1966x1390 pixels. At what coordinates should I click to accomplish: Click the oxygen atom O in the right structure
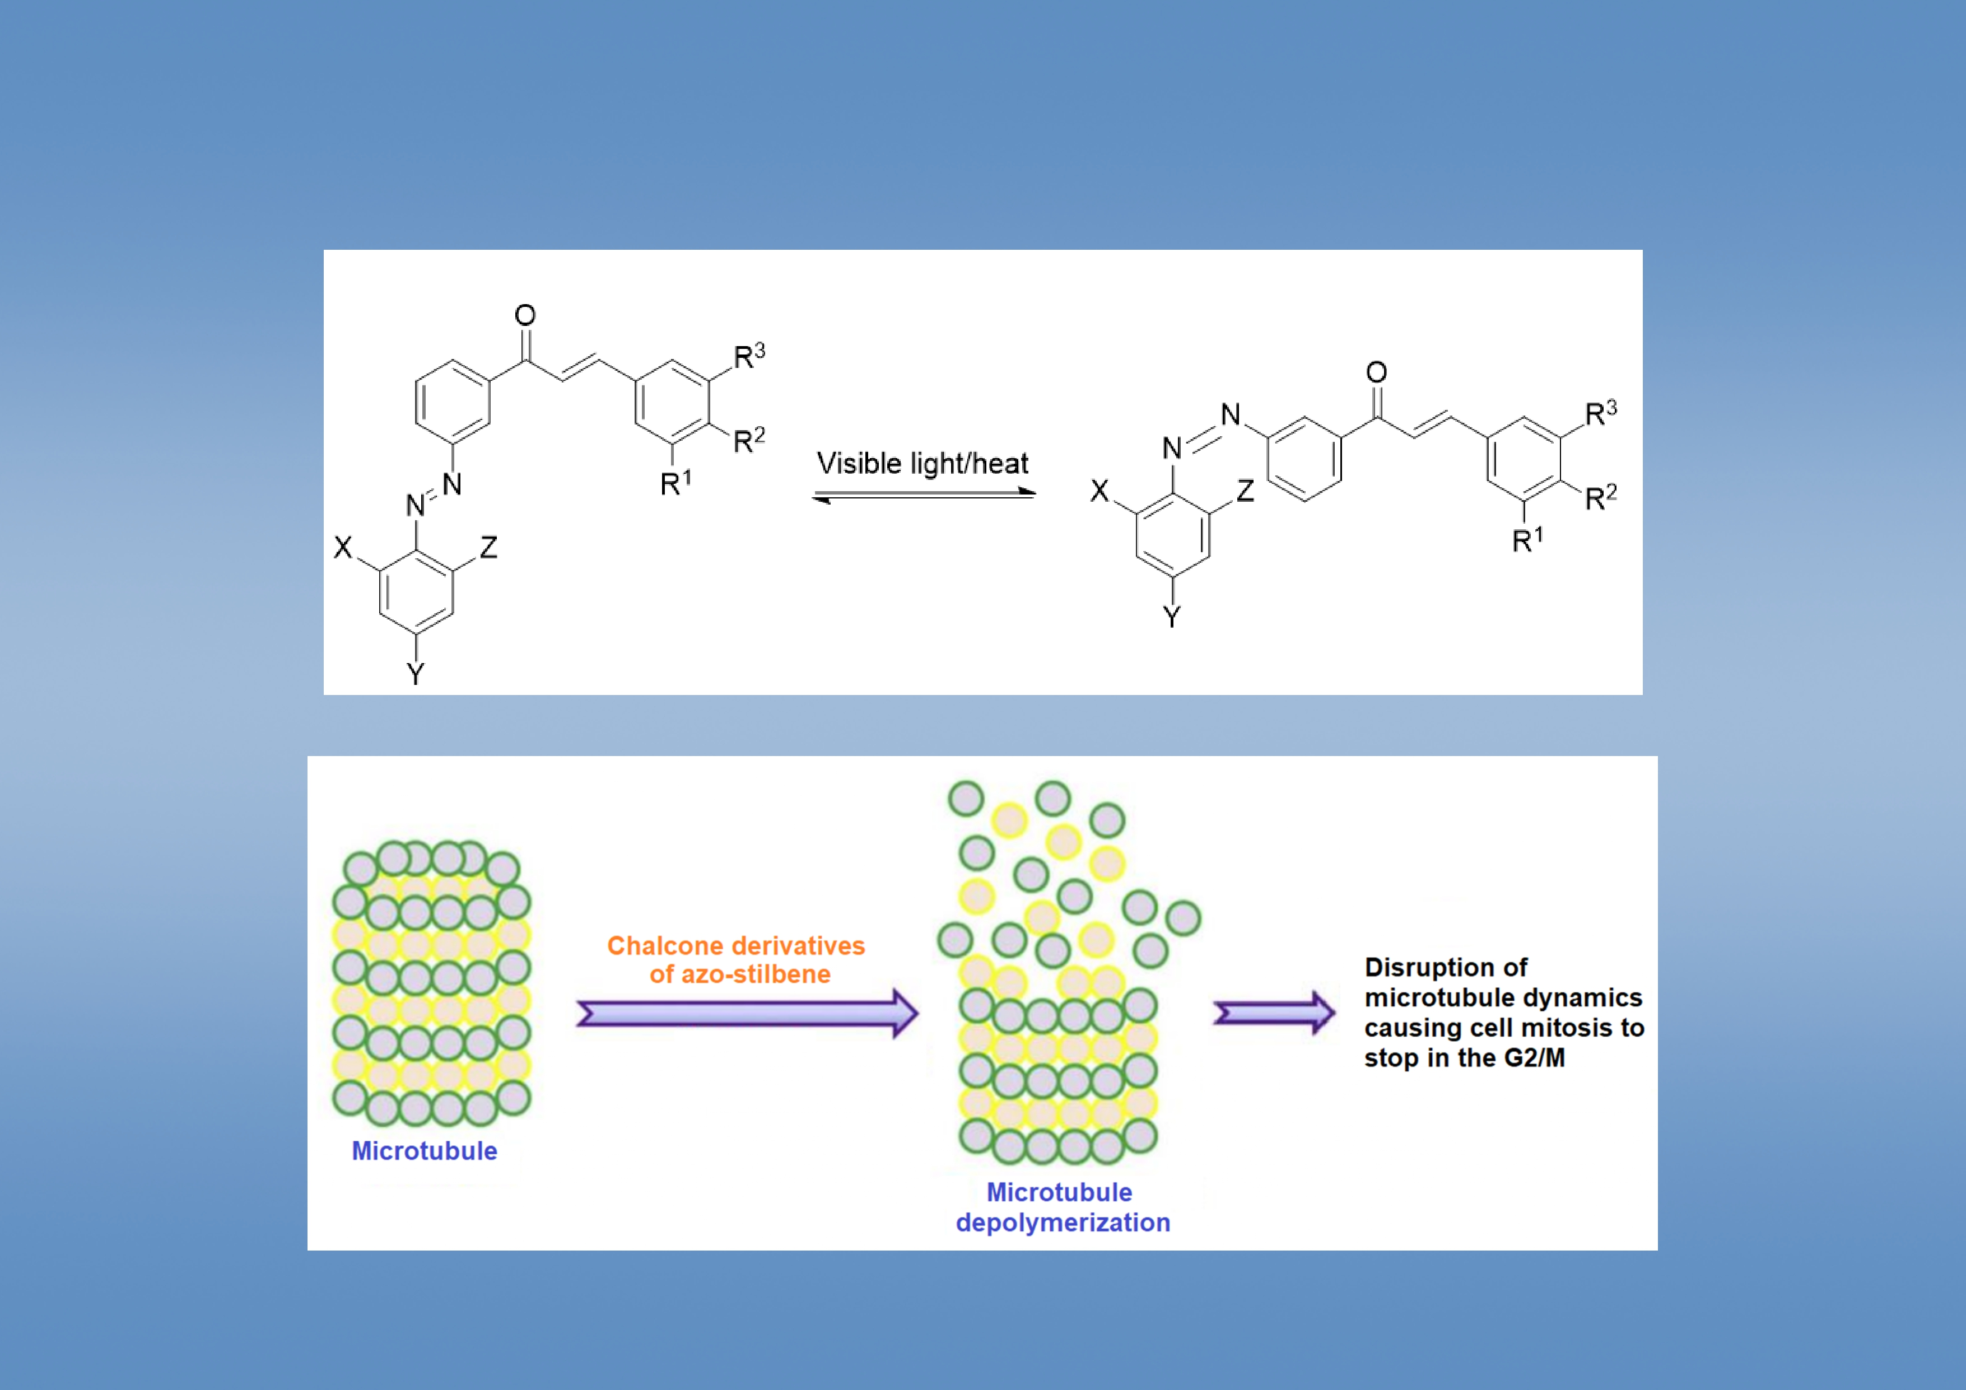[1376, 372]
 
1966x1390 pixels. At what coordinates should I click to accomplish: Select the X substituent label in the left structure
[342, 548]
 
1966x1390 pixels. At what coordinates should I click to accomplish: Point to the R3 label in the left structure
[748, 356]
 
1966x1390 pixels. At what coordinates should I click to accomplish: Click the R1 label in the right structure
[1527, 540]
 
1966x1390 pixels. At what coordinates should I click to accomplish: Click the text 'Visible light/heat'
[922, 463]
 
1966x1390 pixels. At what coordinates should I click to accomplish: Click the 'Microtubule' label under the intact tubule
[425, 1151]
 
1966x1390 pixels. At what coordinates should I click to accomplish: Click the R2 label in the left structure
[748, 441]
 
